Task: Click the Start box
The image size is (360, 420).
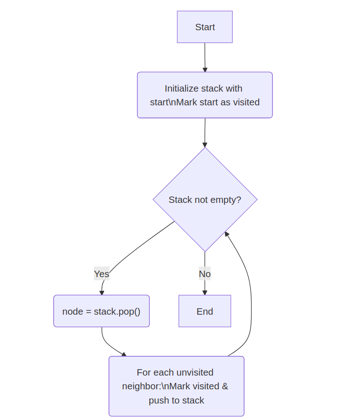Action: (205, 27)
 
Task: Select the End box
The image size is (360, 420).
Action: (205, 311)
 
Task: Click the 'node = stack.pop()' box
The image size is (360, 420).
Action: (101, 311)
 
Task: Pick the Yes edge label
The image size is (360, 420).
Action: (102, 274)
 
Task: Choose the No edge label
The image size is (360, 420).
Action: (205, 274)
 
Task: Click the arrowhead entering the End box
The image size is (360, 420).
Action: (205, 293)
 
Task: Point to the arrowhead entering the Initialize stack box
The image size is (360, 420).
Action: (205, 70)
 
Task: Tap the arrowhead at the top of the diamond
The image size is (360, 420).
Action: (205, 145)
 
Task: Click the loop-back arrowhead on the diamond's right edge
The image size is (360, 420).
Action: (226, 234)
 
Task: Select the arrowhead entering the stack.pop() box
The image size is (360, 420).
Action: (102, 293)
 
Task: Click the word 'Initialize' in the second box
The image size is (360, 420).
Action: (182, 88)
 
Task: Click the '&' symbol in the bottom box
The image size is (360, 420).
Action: (225, 386)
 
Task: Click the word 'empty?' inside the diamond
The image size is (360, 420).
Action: (226, 200)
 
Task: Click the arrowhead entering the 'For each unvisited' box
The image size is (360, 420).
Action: (124, 354)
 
